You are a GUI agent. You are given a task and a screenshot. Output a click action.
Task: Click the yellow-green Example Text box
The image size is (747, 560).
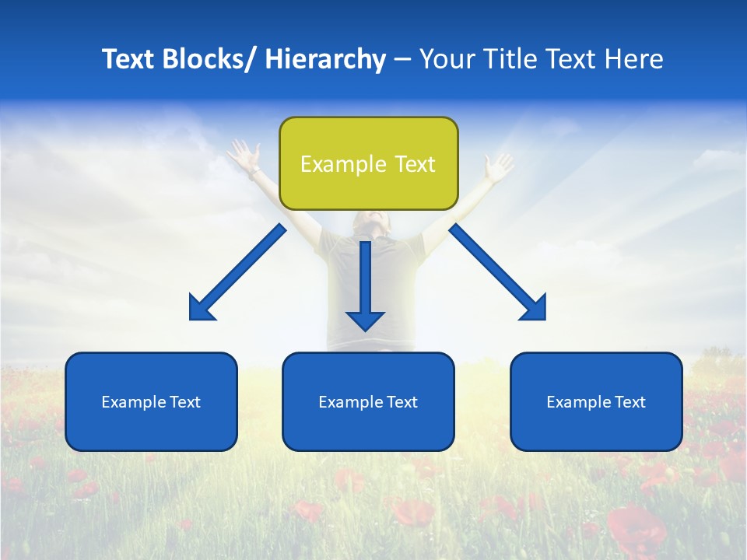coord(368,163)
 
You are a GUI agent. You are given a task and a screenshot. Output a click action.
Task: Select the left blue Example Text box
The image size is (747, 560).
coord(151,401)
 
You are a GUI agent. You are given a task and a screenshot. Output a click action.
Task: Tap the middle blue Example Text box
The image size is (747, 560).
coord(368,401)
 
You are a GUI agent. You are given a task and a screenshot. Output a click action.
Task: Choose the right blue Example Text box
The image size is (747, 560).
coord(596,401)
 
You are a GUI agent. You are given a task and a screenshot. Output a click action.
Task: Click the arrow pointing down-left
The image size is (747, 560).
coord(238,271)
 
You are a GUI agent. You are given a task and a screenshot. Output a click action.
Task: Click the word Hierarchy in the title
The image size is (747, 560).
coord(325,59)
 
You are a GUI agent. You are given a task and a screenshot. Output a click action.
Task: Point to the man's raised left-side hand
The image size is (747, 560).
coord(244,153)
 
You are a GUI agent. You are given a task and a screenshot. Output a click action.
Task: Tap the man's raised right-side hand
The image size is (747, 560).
coord(498,165)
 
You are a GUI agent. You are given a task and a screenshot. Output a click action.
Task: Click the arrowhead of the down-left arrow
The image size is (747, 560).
coord(201,308)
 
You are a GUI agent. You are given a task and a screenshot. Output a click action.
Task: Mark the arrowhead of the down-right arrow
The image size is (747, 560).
coord(535,308)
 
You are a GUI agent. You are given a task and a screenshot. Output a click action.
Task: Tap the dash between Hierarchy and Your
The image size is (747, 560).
coord(402,60)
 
